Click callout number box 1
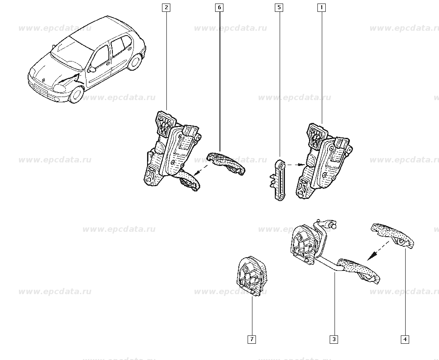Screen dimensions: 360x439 click(x=322, y=7)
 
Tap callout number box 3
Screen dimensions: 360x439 click(x=334, y=339)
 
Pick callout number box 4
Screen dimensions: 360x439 click(x=405, y=339)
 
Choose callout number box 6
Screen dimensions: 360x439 click(x=219, y=7)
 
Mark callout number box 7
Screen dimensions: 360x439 click(x=252, y=339)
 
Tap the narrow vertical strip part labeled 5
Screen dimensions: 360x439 click(x=279, y=180)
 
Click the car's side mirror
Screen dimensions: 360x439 click(x=92, y=69)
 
